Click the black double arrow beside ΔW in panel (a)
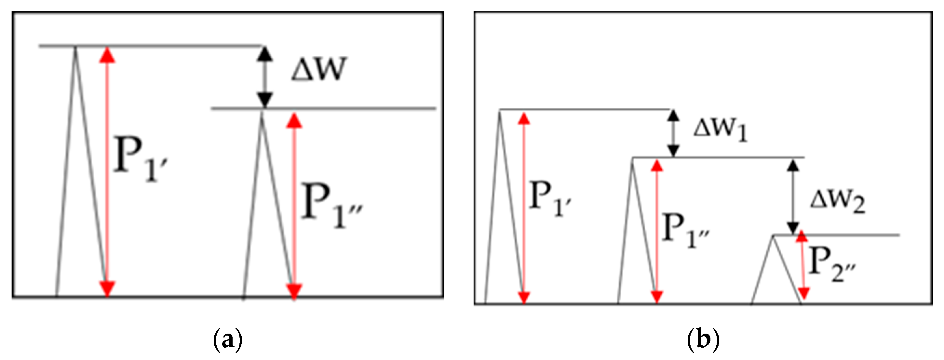[264, 77]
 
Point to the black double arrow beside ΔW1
[673, 133]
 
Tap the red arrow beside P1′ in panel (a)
[107, 171]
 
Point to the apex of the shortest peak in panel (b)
[774, 236]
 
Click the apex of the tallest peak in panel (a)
[75, 48]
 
